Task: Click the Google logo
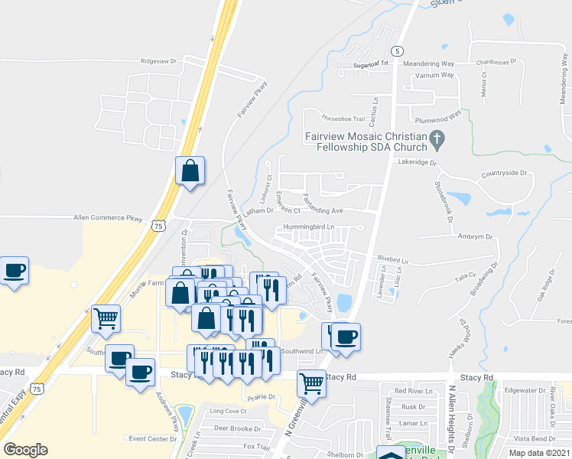[x=25, y=450]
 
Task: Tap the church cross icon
[x=437, y=140]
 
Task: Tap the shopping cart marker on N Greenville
[x=311, y=382]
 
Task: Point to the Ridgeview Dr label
[x=158, y=60]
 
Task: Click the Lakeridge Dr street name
[x=416, y=162]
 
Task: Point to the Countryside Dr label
[x=505, y=173]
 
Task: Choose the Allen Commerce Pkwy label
[x=108, y=219]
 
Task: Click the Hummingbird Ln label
[x=310, y=226]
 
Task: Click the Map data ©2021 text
[x=540, y=453]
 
